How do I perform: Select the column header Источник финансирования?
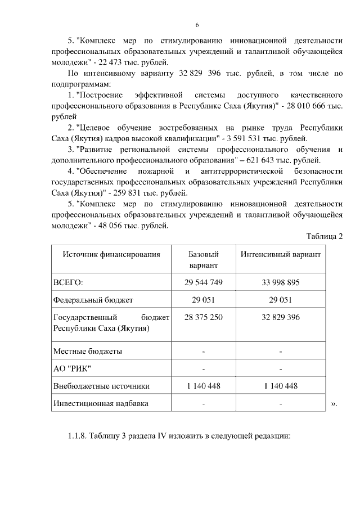(111, 254)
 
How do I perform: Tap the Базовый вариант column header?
(203, 260)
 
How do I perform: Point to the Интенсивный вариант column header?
(280, 254)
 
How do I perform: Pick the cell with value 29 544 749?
(203, 282)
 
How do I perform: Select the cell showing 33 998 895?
(280, 282)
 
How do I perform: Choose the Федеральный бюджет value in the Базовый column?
(203, 300)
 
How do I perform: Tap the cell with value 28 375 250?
(203, 317)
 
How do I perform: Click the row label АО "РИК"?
(71, 369)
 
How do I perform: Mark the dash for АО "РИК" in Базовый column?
(203, 369)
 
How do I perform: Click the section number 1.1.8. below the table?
(79, 436)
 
